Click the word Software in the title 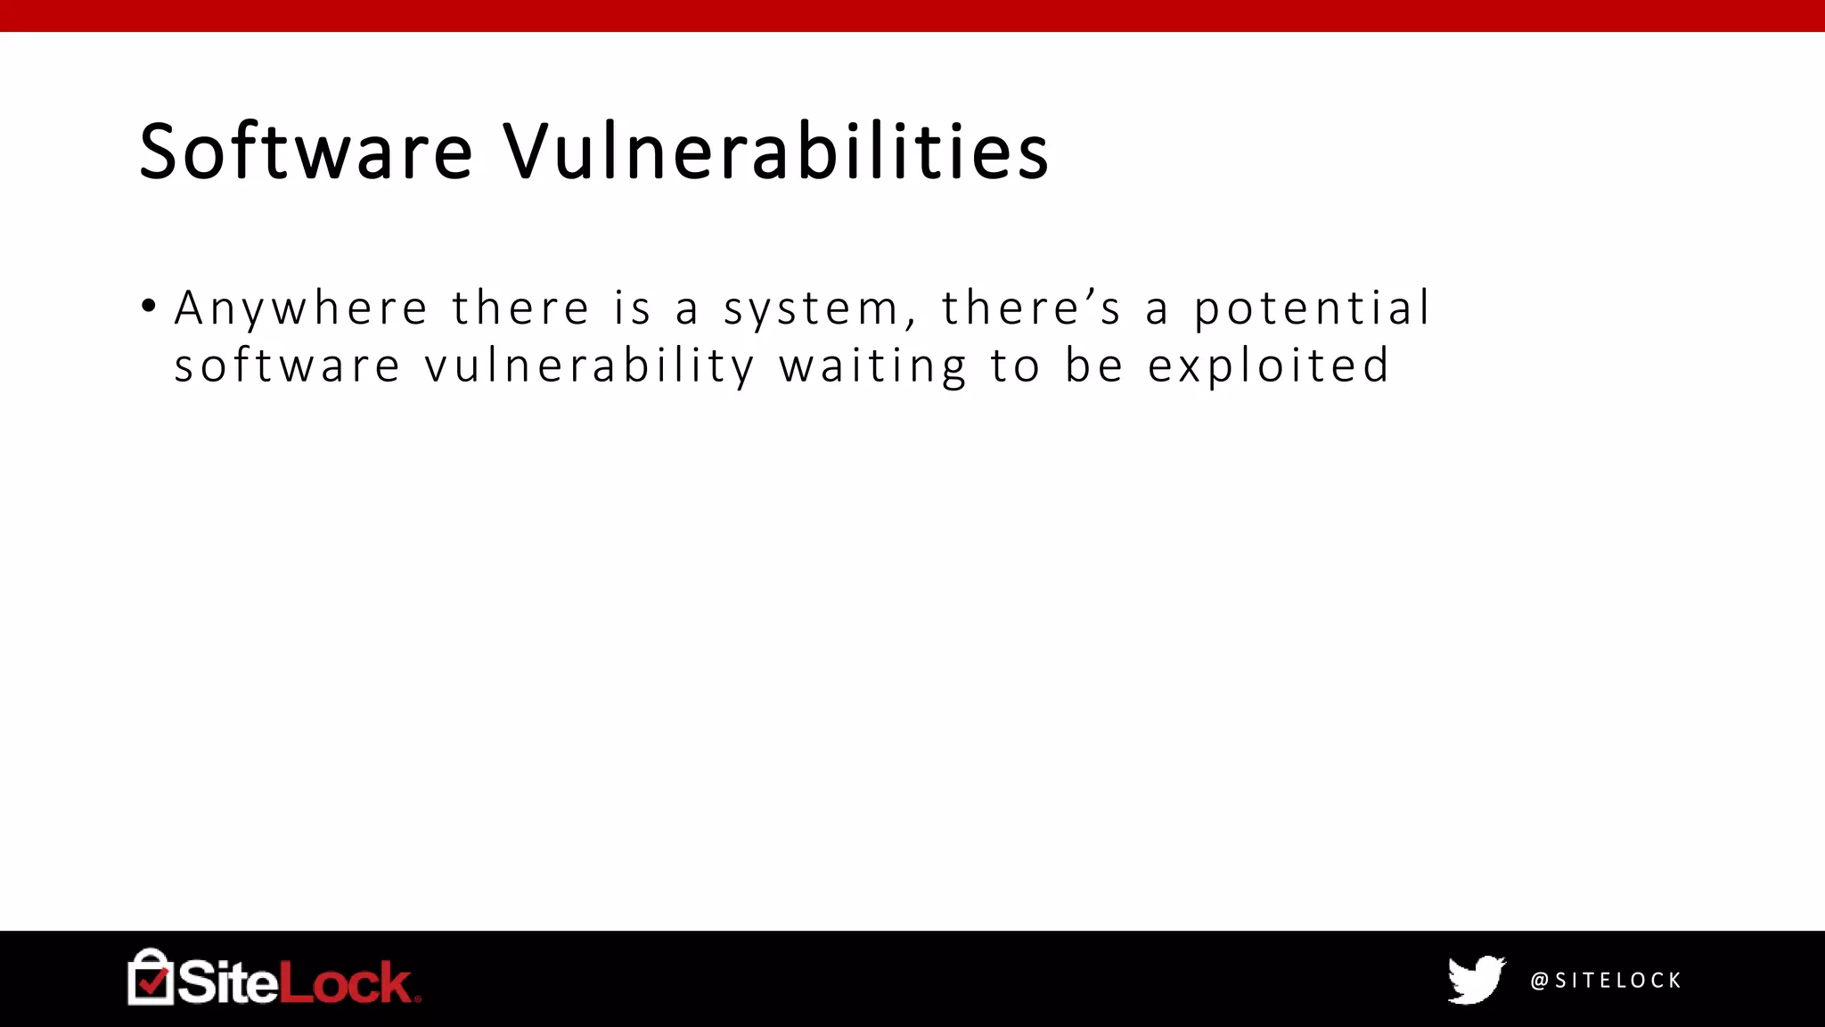[306, 152]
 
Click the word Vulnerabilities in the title [775, 152]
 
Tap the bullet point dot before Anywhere [149, 307]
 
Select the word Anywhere [301, 309]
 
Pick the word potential [1312, 309]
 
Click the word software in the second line [287, 366]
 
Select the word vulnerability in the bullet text [589, 366]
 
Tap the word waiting [872, 366]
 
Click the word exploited [1268, 366]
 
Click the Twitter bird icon [1476, 980]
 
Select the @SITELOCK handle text [1605, 981]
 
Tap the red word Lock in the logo [346, 982]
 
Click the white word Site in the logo [227, 982]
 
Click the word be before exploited [1093, 366]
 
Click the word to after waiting [1015, 366]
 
